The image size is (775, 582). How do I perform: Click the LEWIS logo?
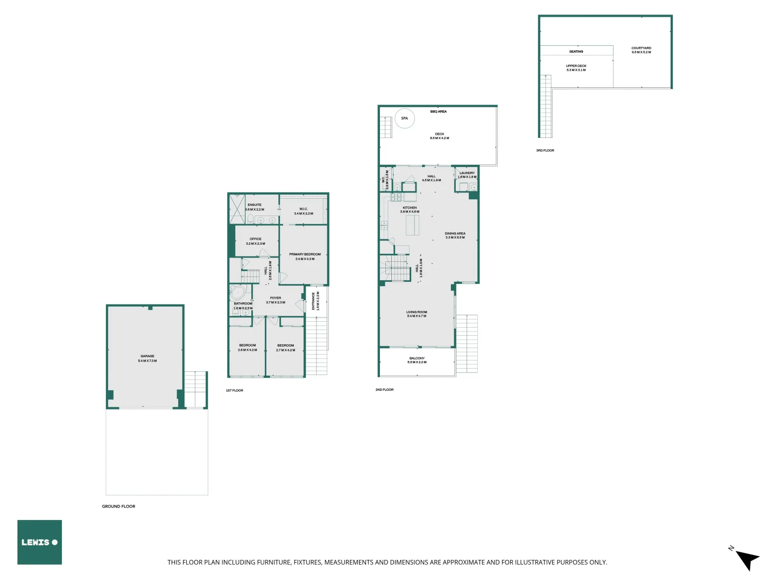39,542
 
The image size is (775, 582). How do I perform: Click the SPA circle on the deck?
405,119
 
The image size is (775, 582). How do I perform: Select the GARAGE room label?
147,356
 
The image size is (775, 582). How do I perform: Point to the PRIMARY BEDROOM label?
305,254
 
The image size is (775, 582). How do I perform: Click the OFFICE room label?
256,239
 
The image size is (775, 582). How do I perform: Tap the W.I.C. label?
304,209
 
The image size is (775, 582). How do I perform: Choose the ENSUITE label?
255,205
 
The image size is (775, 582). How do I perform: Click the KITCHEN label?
410,207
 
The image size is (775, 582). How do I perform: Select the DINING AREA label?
455,233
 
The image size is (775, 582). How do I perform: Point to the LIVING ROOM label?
417,312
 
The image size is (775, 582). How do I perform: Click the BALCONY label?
417,358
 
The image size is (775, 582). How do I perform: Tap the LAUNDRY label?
467,173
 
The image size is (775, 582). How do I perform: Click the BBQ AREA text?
439,112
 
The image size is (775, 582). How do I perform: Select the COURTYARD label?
641,48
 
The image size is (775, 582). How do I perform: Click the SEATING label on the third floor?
576,52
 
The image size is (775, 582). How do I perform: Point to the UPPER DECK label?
576,66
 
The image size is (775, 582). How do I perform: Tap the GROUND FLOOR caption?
118,507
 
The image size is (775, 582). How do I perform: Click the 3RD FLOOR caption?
545,151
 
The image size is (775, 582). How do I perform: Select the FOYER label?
276,298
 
